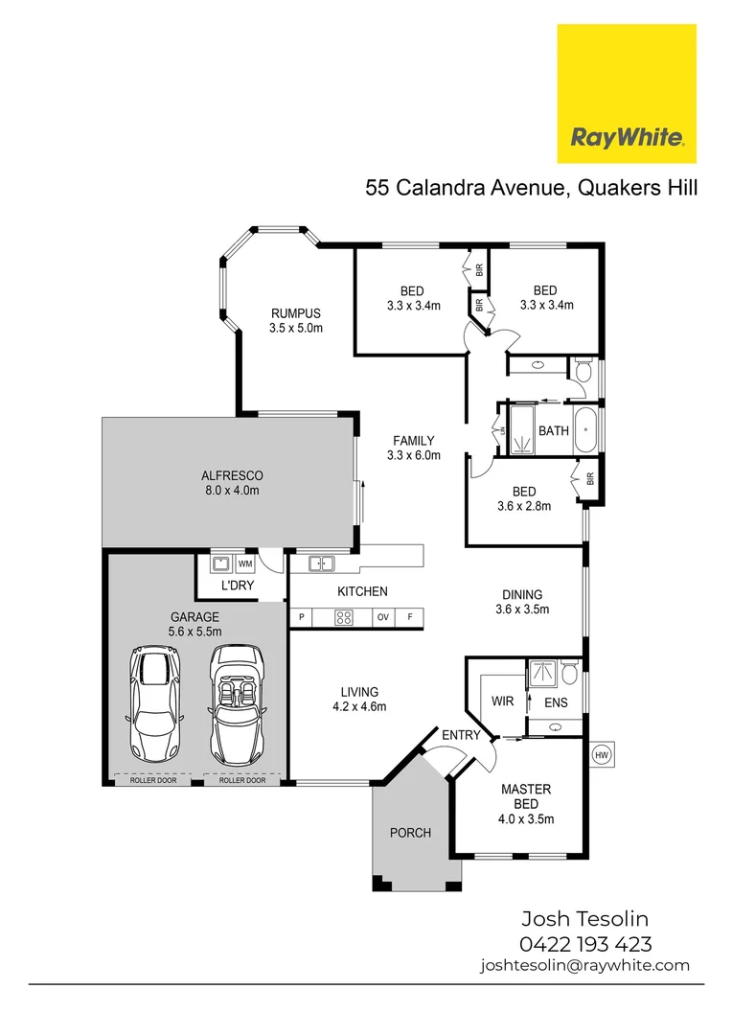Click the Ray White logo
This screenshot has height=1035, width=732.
tap(627, 94)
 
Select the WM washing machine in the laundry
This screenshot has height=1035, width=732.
tap(245, 563)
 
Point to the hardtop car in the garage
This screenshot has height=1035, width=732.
tap(152, 701)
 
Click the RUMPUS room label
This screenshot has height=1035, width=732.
tap(295, 313)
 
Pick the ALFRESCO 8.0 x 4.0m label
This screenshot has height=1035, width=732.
tap(232, 482)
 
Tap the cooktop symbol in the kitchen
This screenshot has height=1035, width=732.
tap(343, 617)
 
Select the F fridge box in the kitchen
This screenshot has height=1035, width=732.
tap(410, 617)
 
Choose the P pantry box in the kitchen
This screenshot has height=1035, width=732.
tap(302, 617)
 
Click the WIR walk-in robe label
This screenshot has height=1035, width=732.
tap(502, 701)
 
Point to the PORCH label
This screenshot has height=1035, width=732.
tap(411, 832)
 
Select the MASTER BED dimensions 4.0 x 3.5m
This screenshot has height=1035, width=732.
tap(526, 818)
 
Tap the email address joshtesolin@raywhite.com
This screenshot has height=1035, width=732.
tap(584, 966)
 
